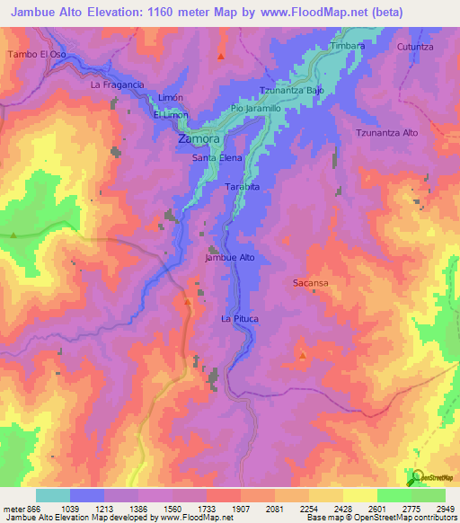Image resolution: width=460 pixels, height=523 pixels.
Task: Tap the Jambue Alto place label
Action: point(231,258)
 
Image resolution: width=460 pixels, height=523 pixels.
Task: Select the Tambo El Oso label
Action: point(37,55)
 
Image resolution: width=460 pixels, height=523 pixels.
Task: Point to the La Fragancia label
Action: point(118,84)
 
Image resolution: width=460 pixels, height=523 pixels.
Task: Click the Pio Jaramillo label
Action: point(256,108)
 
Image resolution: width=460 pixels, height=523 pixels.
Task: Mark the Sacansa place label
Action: point(309,283)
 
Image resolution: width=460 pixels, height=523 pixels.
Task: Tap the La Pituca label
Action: point(240,319)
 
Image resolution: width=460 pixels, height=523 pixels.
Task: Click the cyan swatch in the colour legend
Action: point(53,495)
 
